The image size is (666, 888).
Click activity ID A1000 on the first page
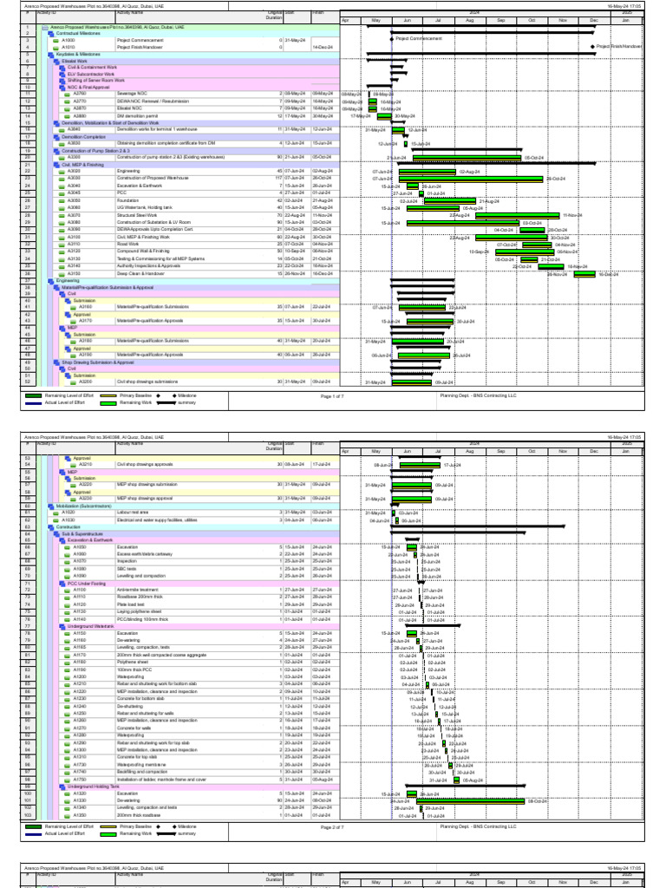[x=80, y=40]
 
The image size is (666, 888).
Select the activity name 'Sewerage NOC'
[x=131, y=93]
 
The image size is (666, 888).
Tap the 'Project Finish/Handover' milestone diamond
[x=594, y=46]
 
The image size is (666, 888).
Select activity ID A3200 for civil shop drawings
[x=85, y=382]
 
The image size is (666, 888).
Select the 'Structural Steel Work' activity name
[x=135, y=214]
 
